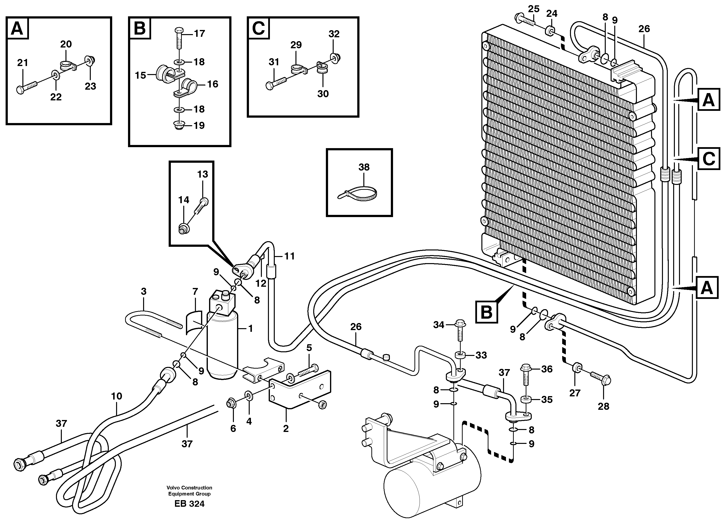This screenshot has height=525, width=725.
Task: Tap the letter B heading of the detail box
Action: point(140,29)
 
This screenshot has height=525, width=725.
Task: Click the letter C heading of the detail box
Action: point(258,29)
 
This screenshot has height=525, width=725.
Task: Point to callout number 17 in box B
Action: point(200,33)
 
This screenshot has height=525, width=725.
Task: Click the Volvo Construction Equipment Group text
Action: point(189,491)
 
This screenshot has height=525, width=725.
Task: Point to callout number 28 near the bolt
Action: point(603,406)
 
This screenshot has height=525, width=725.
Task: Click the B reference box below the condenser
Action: point(486,311)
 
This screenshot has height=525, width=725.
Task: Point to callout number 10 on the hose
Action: point(116,396)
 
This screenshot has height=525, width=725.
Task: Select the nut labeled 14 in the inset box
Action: point(184,229)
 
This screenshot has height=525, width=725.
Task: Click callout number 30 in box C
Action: point(323,94)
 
